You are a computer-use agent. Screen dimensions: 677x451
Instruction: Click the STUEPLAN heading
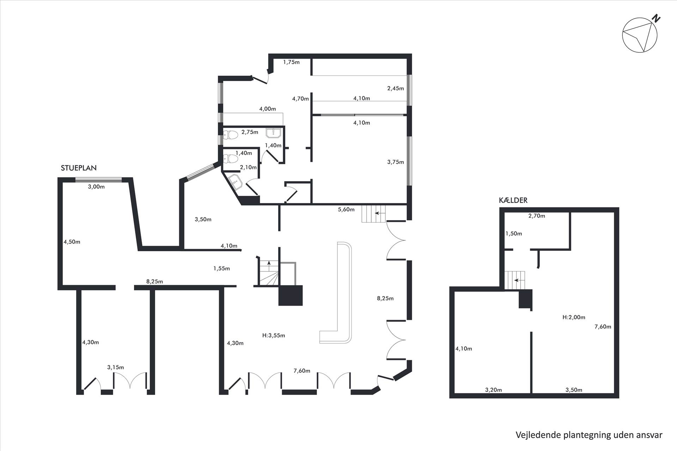click(x=79, y=168)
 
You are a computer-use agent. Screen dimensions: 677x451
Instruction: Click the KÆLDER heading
click(x=513, y=200)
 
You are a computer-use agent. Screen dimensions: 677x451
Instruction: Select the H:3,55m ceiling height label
click(x=274, y=335)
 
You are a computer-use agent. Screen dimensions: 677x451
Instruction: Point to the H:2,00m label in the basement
click(x=574, y=317)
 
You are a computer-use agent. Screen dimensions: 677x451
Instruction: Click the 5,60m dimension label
click(x=346, y=209)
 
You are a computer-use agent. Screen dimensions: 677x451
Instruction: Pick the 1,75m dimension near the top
click(x=291, y=62)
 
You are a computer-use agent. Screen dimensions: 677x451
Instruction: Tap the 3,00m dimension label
click(x=96, y=187)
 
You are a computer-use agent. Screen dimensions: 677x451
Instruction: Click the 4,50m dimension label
click(x=72, y=242)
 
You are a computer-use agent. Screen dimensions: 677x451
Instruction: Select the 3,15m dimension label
click(x=116, y=367)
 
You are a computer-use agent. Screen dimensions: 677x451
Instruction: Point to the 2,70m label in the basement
click(x=537, y=216)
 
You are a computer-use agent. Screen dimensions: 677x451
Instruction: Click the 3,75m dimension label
click(x=396, y=162)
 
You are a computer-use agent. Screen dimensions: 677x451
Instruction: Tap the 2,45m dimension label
click(x=396, y=88)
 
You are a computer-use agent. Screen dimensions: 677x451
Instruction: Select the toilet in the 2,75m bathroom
click(x=230, y=134)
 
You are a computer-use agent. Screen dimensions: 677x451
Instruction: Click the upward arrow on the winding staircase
click(x=269, y=264)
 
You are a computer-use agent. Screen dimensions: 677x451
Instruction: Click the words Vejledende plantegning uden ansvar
click(x=589, y=435)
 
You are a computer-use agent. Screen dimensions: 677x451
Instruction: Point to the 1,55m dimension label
click(x=221, y=268)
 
